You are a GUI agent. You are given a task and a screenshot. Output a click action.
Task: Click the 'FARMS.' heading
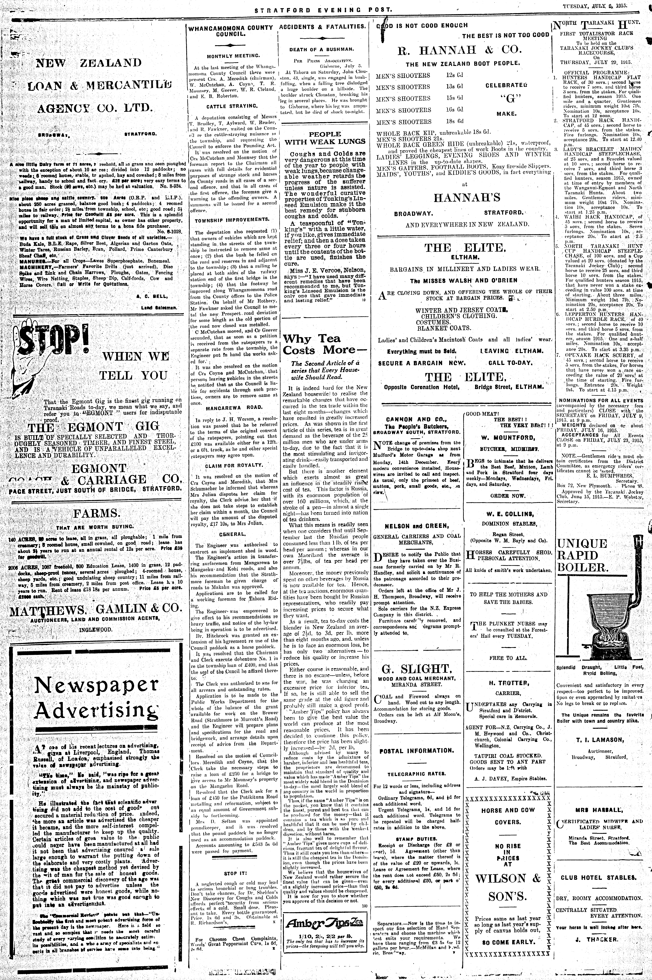96,512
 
